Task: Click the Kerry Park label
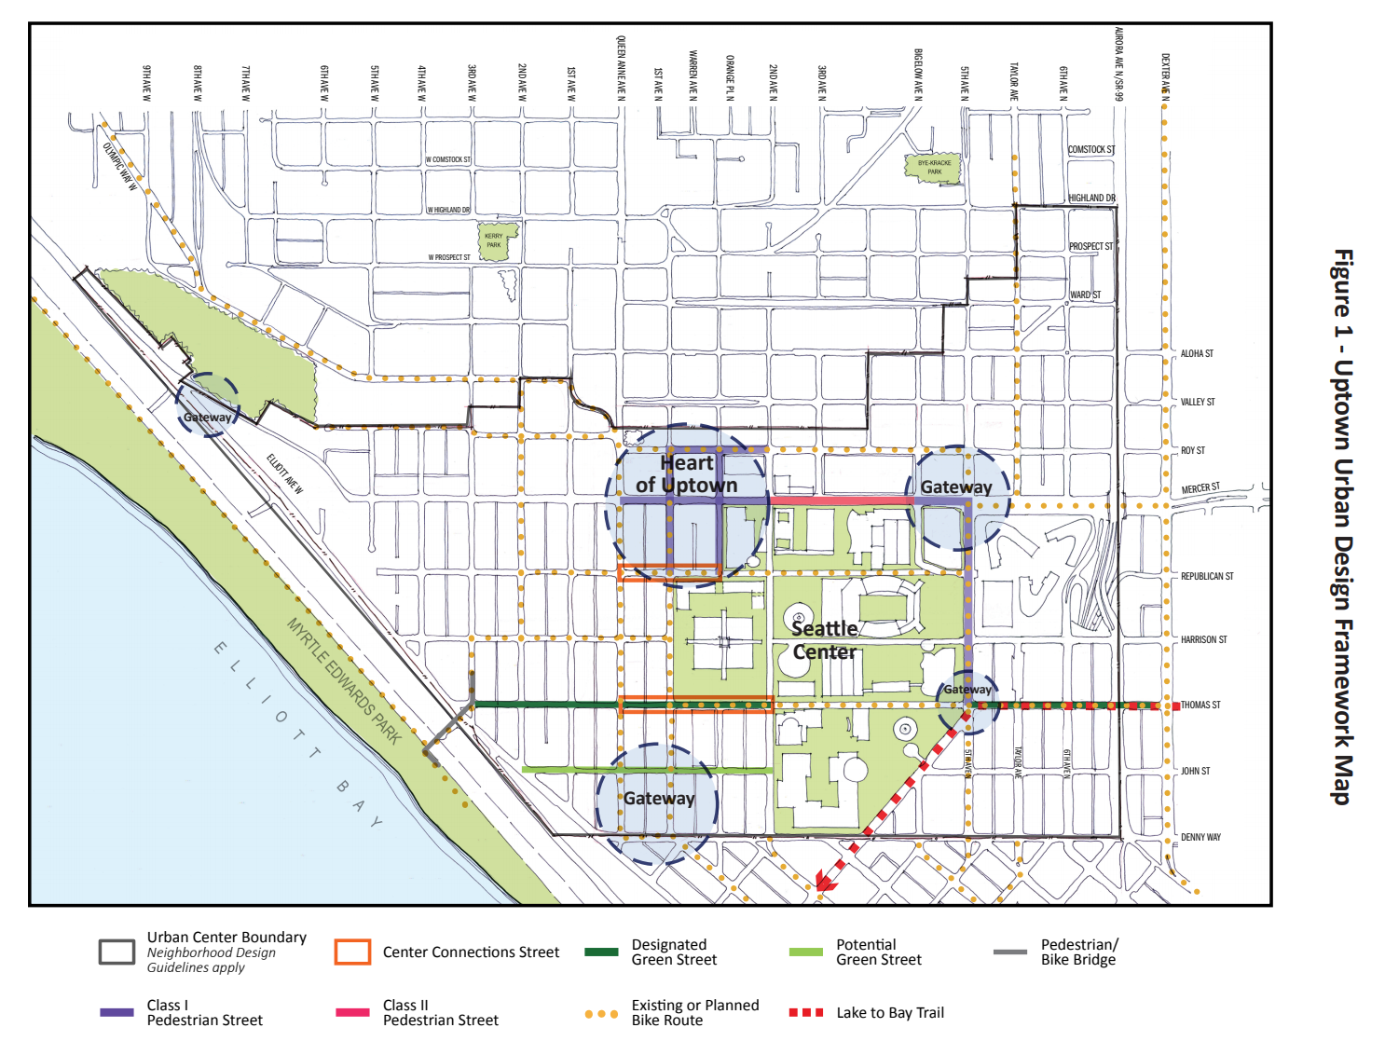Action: (493, 240)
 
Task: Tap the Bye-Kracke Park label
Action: (934, 168)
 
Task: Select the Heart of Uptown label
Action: (687, 474)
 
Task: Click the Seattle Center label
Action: (824, 640)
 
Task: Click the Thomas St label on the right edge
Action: (1200, 706)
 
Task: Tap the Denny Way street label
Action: (1200, 838)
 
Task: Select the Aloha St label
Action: (1197, 354)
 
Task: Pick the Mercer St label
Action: (1200, 488)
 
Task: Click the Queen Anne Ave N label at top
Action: (622, 67)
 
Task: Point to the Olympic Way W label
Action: (120, 166)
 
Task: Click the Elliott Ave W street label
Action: (285, 473)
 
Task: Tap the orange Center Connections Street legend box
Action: (352, 952)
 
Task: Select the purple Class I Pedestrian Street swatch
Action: (117, 1012)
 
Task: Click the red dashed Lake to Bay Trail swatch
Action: (806, 1012)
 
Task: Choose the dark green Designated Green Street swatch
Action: (601, 952)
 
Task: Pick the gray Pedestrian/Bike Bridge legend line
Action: (1010, 952)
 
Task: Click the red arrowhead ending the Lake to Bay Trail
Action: (823, 881)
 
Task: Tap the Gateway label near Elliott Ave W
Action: (207, 418)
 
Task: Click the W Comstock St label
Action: (448, 160)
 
